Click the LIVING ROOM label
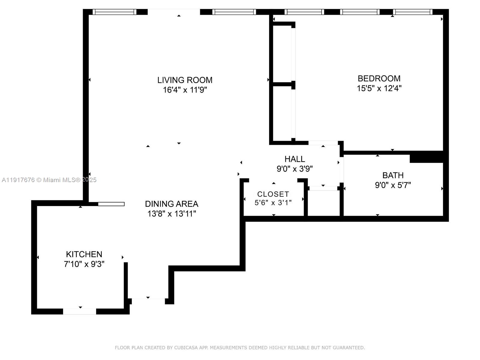click(x=185, y=80)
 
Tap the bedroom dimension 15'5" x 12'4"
click(x=379, y=88)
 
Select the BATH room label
click(x=393, y=175)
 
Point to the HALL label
click(x=295, y=159)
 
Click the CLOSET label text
click(x=273, y=194)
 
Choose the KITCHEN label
click(x=84, y=254)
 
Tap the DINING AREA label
click(x=172, y=204)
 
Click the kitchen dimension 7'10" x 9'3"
click(x=84, y=264)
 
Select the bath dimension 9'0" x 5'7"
click(x=393, y=185)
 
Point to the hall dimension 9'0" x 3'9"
click(x=295, y=169)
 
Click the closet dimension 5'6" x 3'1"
click(x=273, y=203)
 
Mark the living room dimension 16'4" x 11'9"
click(x=185, y=90)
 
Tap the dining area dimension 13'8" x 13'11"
click(x=172, y=214)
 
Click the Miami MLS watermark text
click(x=49, y=180)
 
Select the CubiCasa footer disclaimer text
click(x=240, y=348)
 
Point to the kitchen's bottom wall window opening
click(x=79, y=311)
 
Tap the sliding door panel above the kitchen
click(x=111, y=204)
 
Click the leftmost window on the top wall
click(x=114, y=12)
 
